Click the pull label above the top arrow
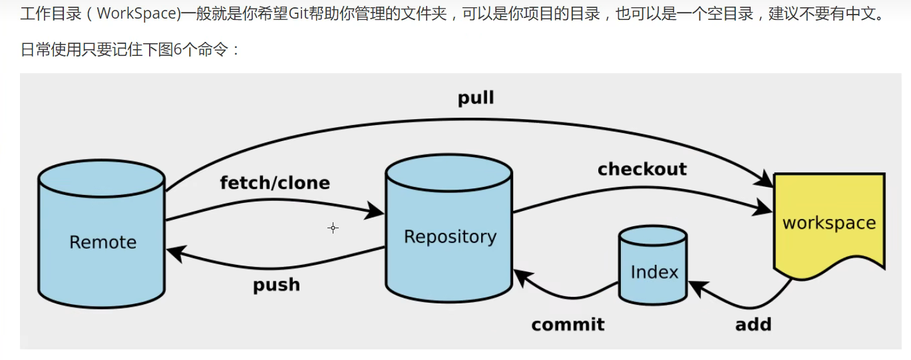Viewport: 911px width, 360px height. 476,98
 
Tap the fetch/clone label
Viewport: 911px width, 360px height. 275,182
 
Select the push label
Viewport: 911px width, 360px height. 276,285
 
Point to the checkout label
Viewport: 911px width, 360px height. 641,169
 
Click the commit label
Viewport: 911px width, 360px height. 568,324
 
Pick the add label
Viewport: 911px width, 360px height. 753,324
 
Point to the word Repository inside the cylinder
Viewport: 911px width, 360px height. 450,237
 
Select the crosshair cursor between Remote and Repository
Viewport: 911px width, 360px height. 333,228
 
